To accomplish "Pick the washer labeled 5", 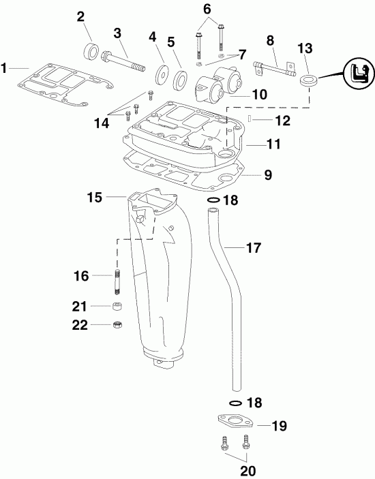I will coord(180,76).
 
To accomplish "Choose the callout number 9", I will coord(267,175).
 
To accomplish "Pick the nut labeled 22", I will coord(117,325).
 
